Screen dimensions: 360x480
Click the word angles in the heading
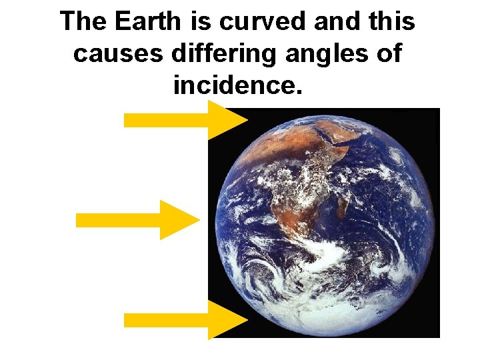click(323, 53)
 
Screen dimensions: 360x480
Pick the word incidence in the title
click(237, 85)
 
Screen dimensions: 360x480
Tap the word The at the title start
click(83, 22)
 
